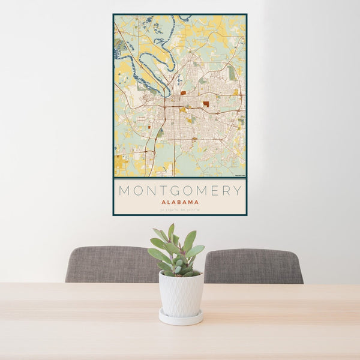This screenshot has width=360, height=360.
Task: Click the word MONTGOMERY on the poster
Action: tap(180, 191)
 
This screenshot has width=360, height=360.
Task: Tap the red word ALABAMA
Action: tap(180, 202)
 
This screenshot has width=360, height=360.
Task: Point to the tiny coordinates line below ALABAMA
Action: tap(180, 209)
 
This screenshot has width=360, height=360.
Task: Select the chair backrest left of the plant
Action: tap(108, 264)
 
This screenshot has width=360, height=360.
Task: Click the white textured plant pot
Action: tap(181, 293)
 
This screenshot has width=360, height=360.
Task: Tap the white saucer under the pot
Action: tap(181, 318)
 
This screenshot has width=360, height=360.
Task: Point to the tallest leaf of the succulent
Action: tap(172, 232)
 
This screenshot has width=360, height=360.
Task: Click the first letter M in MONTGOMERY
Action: tap(125, 191)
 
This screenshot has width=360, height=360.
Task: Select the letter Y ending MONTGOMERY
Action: tap(238, 191)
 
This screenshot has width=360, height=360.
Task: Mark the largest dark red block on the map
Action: tap(206, 104)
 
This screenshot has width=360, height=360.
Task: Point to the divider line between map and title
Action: tap(180, 178)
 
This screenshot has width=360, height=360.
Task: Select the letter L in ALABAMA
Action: tap(169, 202)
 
